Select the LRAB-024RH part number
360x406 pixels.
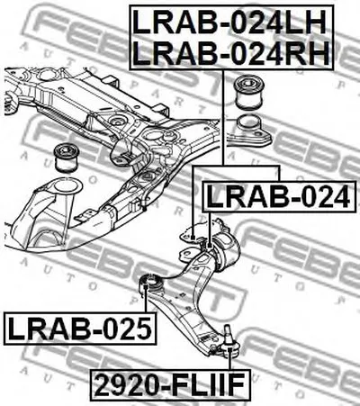point(231,53)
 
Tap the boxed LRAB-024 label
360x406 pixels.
point(278,197)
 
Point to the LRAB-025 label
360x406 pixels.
point(80,328)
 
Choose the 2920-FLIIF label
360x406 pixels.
point(169,385)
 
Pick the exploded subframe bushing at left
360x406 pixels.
point(67,158)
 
